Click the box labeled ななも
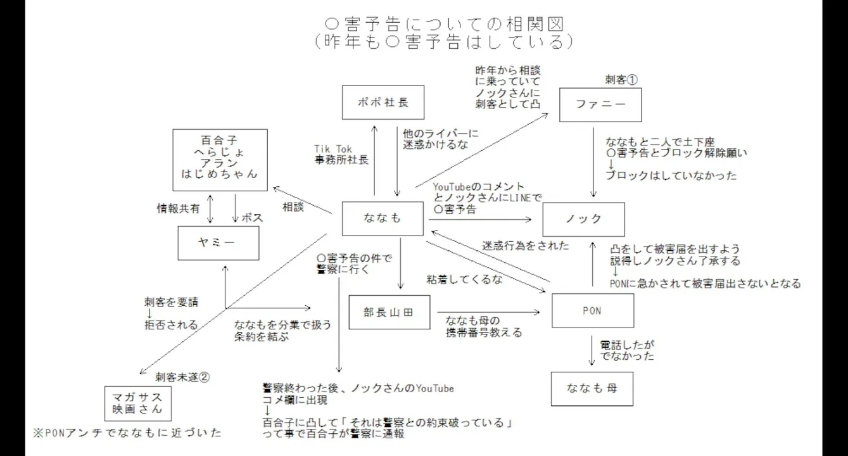(382, 218)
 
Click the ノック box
(583, 219)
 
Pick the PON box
(593, 310)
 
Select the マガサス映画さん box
(137, 403)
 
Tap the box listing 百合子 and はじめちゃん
(219, 156)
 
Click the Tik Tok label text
(333, 149)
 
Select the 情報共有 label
(179, 207)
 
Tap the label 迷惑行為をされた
(526, 246)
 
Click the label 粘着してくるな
(464, 279)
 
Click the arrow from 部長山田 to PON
(487, 312)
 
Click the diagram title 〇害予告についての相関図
(443, 24)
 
